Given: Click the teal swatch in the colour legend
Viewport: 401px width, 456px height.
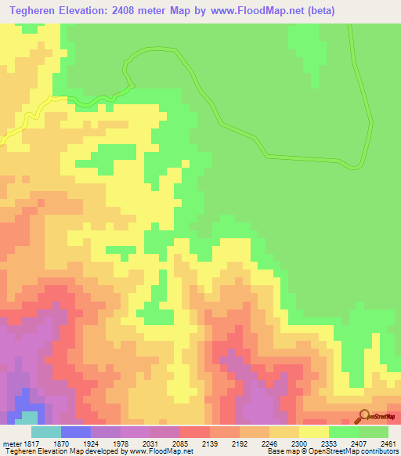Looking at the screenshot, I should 45,432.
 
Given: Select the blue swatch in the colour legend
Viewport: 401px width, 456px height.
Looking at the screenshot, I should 75,432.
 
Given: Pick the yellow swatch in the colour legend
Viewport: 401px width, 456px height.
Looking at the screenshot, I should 314,432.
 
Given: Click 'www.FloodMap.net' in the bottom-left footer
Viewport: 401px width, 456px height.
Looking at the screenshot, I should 154,451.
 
